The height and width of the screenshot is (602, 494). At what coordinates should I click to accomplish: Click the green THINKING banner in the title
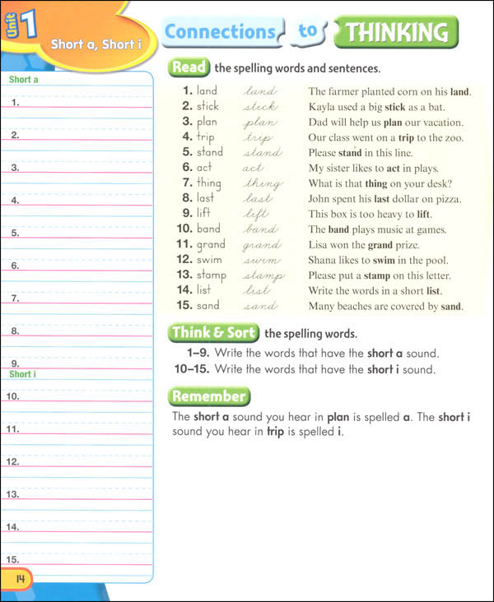coord(397,33)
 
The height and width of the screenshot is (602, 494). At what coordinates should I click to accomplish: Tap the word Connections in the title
coord(220,32)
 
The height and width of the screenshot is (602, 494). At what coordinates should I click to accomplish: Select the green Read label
coord(189,67)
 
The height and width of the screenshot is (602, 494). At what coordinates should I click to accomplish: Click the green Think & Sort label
coord(214,333)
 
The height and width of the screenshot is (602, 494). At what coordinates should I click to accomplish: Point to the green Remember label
coord(208,396)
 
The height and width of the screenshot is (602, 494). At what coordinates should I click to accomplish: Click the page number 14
coord(17,580)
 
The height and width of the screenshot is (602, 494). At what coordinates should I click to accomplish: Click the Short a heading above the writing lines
coord(24,80)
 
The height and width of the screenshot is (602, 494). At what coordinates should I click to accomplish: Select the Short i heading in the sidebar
coord(22,374)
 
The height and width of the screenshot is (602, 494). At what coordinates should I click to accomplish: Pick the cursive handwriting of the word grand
coord(262,245)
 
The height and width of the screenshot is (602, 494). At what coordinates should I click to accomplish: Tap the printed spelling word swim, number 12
coord(210,260)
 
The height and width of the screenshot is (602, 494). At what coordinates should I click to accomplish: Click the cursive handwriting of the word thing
coord(263,183)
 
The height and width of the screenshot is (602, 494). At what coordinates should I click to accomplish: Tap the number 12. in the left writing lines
coord(13,461)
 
